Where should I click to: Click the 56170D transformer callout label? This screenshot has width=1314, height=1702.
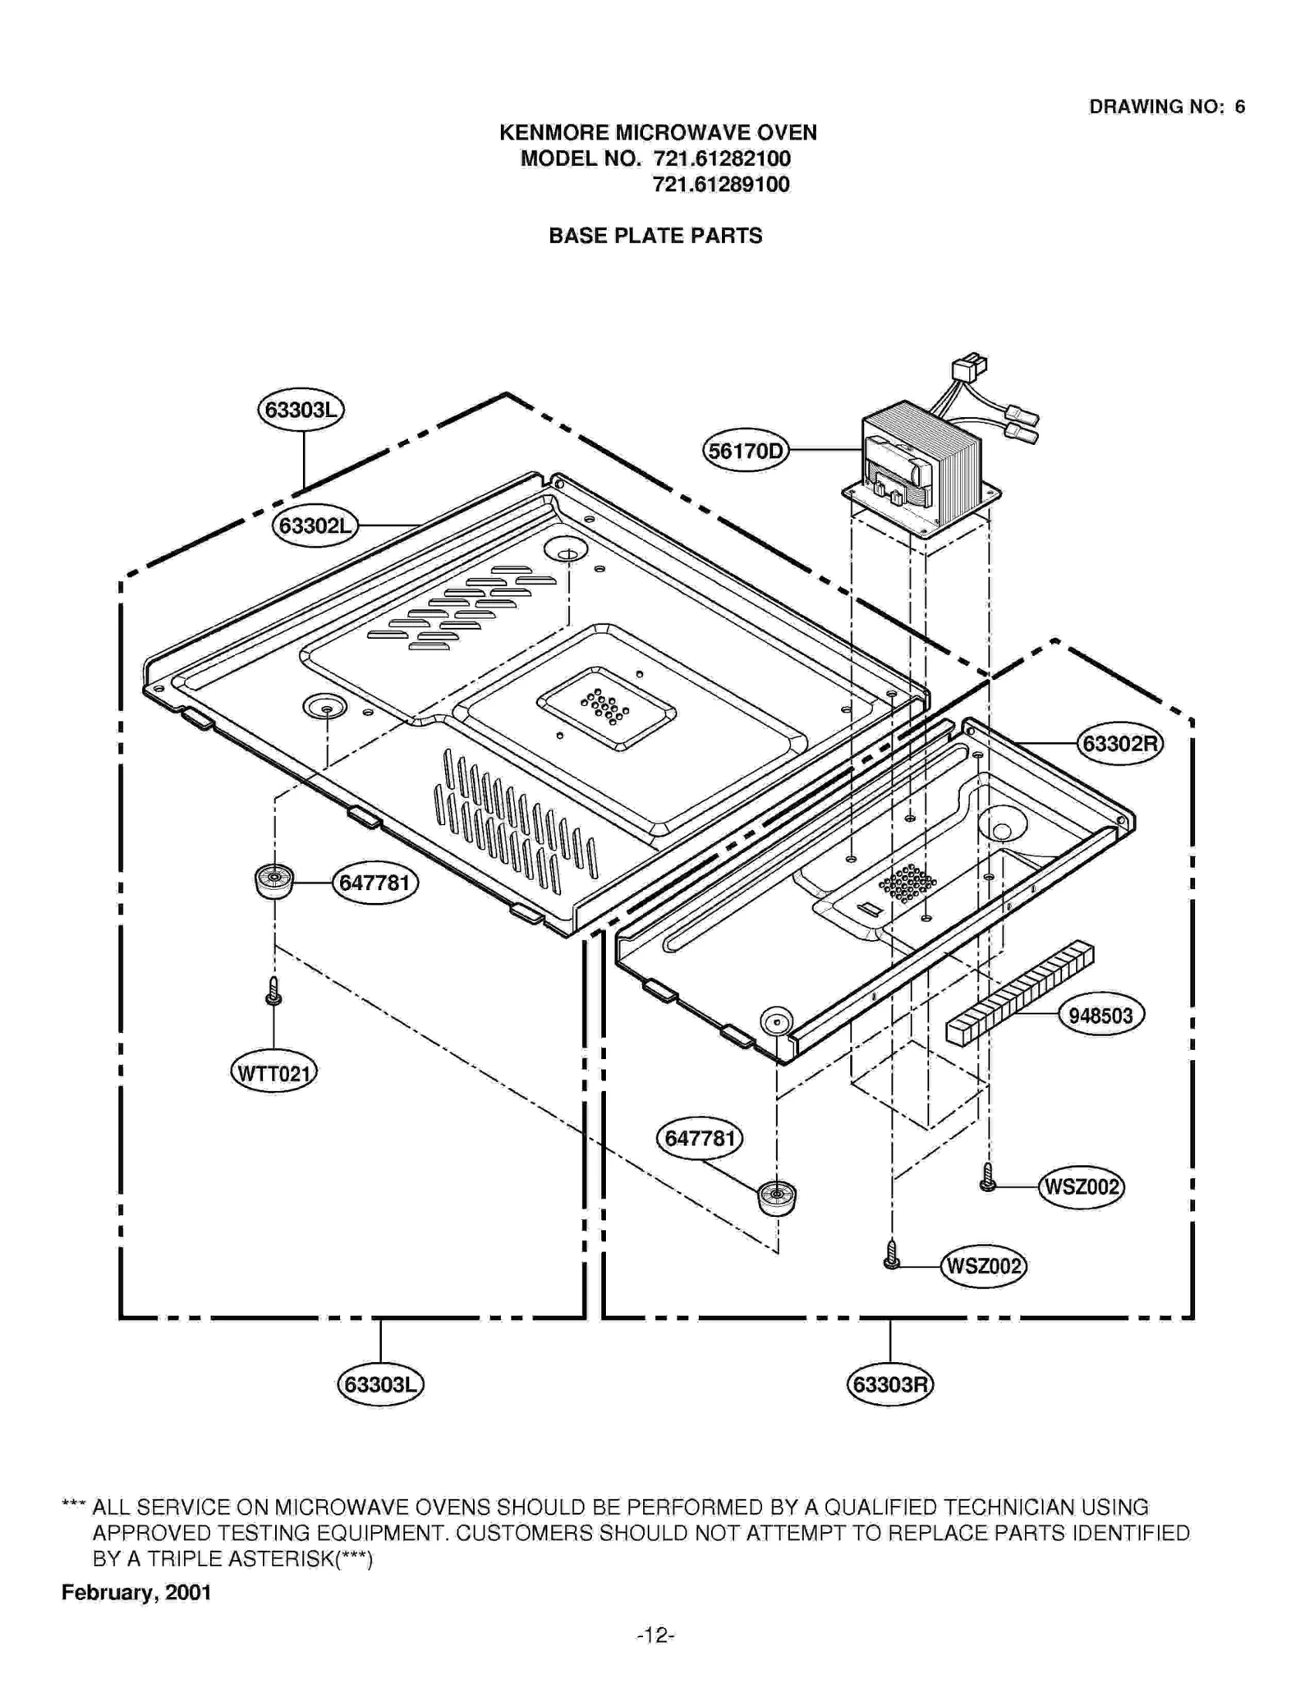coord(745,451)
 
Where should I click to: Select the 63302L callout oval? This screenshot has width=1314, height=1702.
coord(315,525)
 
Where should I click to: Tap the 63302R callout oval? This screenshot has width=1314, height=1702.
coord(1119,744)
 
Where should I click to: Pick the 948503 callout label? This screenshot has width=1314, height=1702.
coord(1100,1016)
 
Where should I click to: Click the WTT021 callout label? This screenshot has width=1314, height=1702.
coord(273,1073)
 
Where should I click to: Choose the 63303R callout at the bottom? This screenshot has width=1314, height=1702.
coord(890,1385)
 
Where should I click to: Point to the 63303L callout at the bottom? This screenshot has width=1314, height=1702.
coord(380,1385)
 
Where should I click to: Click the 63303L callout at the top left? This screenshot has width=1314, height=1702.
coord(301,409)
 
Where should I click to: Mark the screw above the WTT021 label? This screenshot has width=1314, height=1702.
coord(273,992)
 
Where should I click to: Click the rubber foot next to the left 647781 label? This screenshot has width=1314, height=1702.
coord(273,882)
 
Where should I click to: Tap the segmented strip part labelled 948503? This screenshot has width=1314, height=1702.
coord(1020,994)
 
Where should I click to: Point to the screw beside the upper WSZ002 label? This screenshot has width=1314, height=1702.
coord(988,1178)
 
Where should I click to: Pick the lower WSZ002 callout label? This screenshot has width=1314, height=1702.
coord(983,1266)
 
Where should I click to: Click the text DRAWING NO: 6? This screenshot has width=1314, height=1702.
coord(1166,107)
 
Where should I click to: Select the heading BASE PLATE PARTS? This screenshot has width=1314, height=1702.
coord(655,236)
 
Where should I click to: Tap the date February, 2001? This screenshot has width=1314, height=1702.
coord(136,1593)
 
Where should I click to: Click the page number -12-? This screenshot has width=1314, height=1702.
coord(655,1635)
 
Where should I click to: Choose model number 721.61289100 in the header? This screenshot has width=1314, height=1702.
coord(721,185)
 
